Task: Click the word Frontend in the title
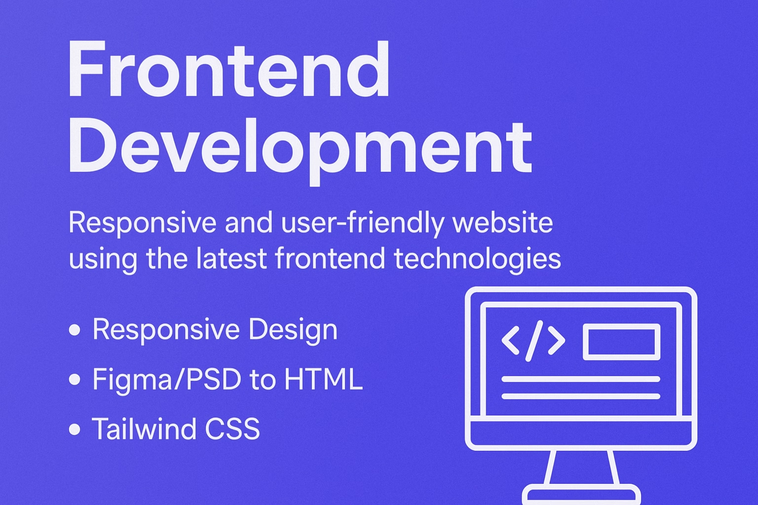point(228,70)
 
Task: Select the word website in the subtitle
point(502,222)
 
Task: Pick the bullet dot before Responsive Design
point(75,329)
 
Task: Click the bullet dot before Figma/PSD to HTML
point(75,379)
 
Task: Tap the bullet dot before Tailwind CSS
point(75,429)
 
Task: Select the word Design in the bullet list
point(293,330)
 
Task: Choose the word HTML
point(323,379)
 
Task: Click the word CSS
point(232,429)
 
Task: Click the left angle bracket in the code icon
point(510,340)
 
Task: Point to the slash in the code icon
point(534,340)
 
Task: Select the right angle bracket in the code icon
point(557,340)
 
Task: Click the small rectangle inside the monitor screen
point(621,341)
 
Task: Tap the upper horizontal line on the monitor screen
point(580,379)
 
